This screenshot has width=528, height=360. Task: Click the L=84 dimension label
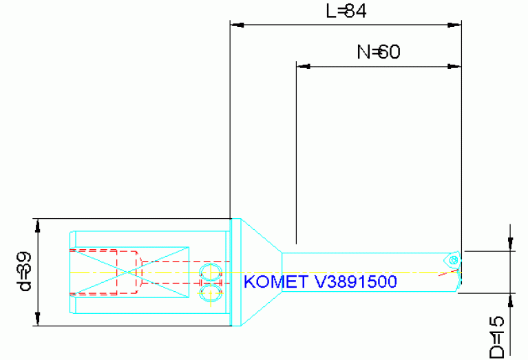click(x=345, y=12)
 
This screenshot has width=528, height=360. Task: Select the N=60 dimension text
click(x=378, y=52)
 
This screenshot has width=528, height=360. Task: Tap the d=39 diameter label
click(x=23, y=272)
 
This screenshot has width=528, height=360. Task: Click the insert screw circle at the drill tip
click(x=453, y=259)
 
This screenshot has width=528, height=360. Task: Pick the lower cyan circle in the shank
click(x=207, y=294)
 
